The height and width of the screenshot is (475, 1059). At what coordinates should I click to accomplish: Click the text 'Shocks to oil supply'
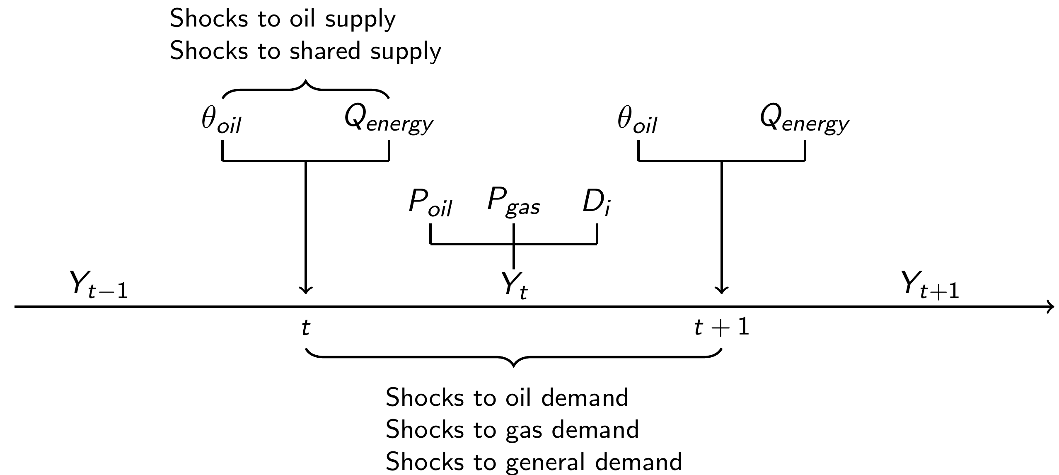[283, 19]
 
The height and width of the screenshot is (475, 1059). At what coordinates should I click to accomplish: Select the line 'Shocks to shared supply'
[305, 52]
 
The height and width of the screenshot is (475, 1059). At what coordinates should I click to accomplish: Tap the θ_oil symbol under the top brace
[221, 121]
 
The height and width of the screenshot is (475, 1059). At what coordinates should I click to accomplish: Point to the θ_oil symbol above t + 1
[637, 121]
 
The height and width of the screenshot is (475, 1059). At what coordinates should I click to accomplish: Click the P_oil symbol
[430, 204]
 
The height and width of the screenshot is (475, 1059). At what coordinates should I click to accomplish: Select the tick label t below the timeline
[305, 328]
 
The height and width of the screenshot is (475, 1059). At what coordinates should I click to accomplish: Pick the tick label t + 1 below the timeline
[722, 328]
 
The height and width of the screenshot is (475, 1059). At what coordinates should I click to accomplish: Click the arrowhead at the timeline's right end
[1051, 307]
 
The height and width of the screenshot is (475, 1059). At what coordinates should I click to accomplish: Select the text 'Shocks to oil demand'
[507, 397]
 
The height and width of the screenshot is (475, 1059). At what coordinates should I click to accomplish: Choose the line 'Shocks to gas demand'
[512, 429]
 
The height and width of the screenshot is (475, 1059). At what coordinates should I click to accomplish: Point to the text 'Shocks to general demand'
[534, 461]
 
